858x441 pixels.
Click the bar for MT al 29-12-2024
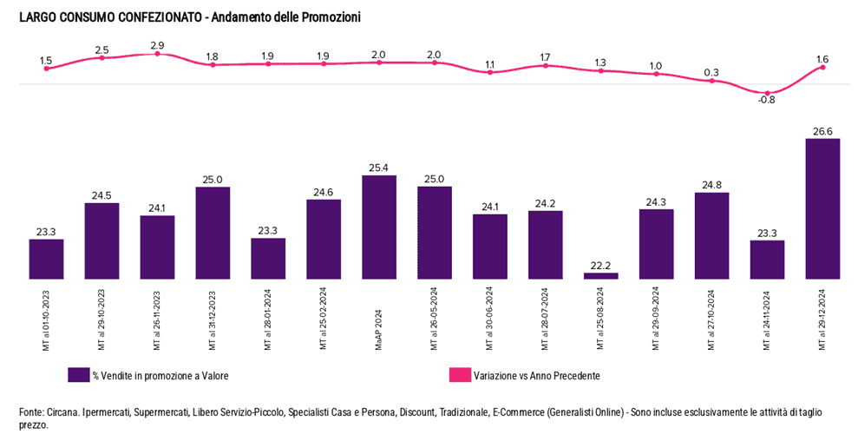pos(822,208)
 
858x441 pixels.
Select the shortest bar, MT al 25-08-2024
pos(600,276)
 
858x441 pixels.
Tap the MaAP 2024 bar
pos(379,227)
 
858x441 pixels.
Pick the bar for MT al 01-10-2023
pos(46,259)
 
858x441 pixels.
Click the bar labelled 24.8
pos(711,235)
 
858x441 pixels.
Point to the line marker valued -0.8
pos(767,92)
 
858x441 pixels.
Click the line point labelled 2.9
pos(157,54)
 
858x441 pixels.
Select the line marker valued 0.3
pos(711,81)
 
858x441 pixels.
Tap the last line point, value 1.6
pos(822,68)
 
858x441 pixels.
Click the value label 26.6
pos(822,131)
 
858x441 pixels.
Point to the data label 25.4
pos(379,168)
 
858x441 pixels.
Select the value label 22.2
pos(600,265)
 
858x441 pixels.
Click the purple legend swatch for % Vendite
pos(79,375)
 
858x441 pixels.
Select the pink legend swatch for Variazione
pos(459,375)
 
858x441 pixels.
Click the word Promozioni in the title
pos(330,17)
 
